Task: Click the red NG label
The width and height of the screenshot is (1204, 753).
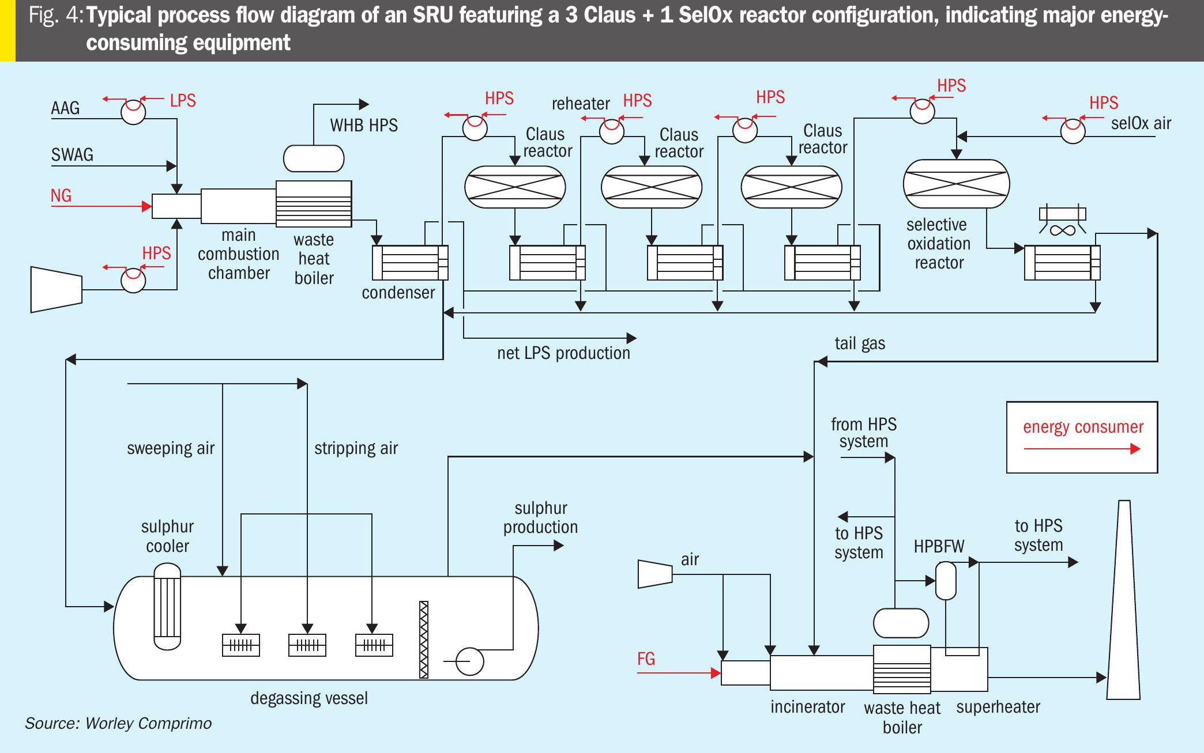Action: click(x=61, y=196)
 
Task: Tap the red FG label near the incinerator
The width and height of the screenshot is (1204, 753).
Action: click(x=646, y=659)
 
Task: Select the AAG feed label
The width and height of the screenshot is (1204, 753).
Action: click(x=65, y=108)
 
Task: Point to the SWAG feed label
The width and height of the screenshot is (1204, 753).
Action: click(x=72, y=155)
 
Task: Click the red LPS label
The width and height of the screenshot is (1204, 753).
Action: click(x=183, y=101)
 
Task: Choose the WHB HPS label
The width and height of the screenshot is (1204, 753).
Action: click(x=364, y=126)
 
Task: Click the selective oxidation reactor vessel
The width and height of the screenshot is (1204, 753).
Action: click(x=956, y=184)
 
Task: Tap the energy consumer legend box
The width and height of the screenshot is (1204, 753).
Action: click(x=1082, y=437)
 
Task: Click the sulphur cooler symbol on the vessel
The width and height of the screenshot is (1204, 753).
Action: click(x=167, y=606)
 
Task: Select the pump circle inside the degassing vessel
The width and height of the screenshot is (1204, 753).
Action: click(x=470, y=661)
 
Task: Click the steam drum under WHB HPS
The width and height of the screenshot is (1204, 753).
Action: click(x=314, y=158)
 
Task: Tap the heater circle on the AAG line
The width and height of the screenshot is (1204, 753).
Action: click(x=133, y=111)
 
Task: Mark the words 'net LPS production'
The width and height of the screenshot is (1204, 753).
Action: click(x=563, y=353)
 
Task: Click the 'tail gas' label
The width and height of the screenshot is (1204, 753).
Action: click(x=860, y=344)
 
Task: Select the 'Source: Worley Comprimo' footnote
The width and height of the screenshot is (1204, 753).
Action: click(x=118, y=724)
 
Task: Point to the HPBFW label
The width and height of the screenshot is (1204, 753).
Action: click(x=939, y=546)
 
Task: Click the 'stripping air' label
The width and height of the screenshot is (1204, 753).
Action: click(x=356, y=448)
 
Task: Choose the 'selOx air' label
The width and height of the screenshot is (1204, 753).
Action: click(x=1141, y=123)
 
